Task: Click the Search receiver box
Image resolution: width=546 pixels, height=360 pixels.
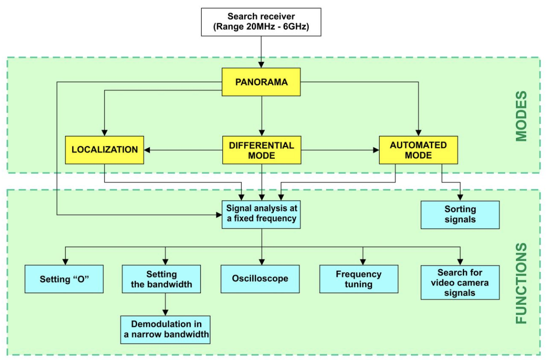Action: (261, 22)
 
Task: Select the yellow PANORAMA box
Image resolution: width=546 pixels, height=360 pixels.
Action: (261, 82)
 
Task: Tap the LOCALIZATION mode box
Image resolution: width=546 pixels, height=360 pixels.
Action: (104, 149)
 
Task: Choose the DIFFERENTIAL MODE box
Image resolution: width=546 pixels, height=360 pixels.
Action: (261, 150)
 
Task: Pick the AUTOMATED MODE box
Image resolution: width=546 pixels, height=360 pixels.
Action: (418, 150)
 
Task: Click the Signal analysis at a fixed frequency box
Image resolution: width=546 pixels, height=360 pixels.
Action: (261, 214)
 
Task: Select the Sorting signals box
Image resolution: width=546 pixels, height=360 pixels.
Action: (460, 214)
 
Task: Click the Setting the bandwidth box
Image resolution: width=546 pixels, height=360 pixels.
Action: (161, 279)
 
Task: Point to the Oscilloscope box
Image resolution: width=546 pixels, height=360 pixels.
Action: (260, 279)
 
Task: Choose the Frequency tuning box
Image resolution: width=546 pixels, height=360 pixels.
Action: (358, 279)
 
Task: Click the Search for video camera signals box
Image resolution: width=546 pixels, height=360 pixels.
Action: (460, 282)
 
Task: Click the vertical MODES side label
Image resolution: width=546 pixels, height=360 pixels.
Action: (522, 116)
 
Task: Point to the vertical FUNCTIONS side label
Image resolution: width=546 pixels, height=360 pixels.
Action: (522, 283)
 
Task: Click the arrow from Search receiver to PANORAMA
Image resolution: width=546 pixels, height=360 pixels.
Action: (261, 51)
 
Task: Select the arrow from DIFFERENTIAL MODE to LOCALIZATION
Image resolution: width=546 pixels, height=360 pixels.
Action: (183, 150)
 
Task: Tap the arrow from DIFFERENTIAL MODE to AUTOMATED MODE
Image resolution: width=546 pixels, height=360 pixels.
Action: (340, 150)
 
